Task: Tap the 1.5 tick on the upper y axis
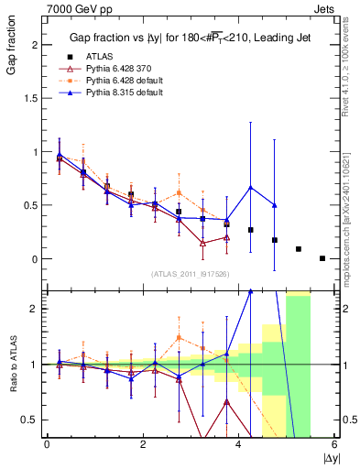click(33, 98)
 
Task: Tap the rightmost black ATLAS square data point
click(322, 258)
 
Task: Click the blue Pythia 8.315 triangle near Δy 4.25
click(251, 188)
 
